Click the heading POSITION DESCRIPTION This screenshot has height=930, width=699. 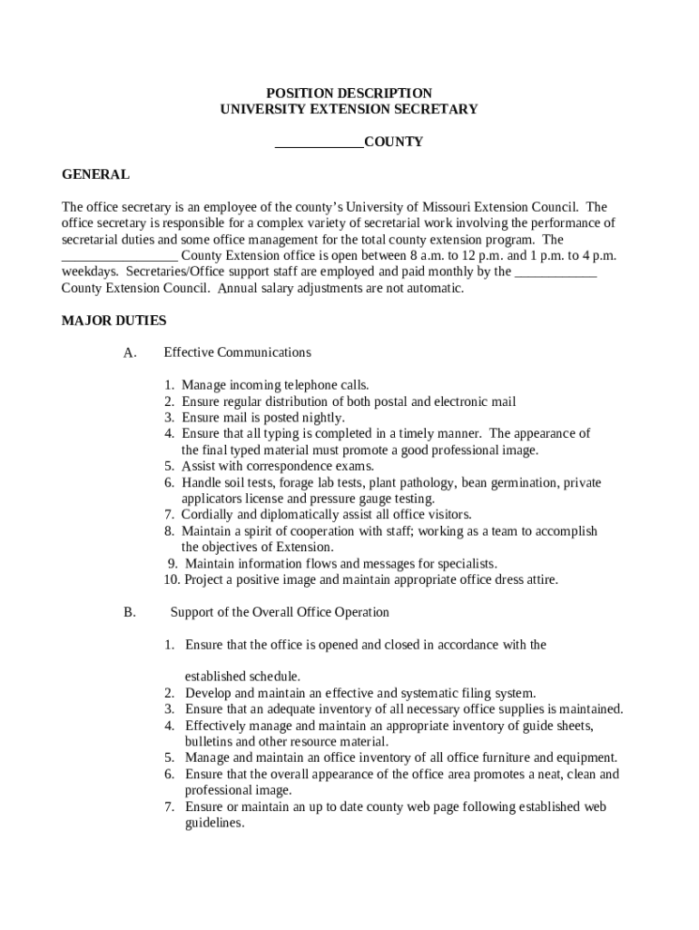[349, 94]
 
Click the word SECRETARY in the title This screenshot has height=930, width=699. [435, 110]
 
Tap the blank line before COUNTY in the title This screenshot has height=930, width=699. [319, 143]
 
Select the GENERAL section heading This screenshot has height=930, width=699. [95, 174]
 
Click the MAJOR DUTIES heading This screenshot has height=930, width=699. [113, 321]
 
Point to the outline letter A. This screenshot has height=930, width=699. [130, 353]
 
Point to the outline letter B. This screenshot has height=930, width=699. [130, 613]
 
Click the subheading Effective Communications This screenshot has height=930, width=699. [237, 352]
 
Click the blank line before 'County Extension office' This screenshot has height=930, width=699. [119, 256]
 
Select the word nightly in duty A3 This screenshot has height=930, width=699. [324, 419]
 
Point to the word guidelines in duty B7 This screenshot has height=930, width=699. [214, 824]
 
